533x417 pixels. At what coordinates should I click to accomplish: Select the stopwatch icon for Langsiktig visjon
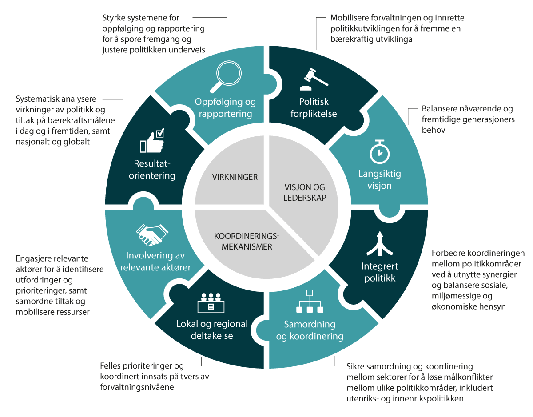(380, 152)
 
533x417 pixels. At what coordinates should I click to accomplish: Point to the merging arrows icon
(379, 244)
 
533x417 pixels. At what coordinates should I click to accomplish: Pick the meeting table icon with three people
(211, 303)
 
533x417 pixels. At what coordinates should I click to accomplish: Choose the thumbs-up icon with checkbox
(152, 141)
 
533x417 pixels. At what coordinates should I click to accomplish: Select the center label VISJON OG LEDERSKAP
(305, 192)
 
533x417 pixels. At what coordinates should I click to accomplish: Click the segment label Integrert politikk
(380, 272)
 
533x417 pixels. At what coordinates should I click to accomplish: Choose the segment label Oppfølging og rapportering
(225, 108)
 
